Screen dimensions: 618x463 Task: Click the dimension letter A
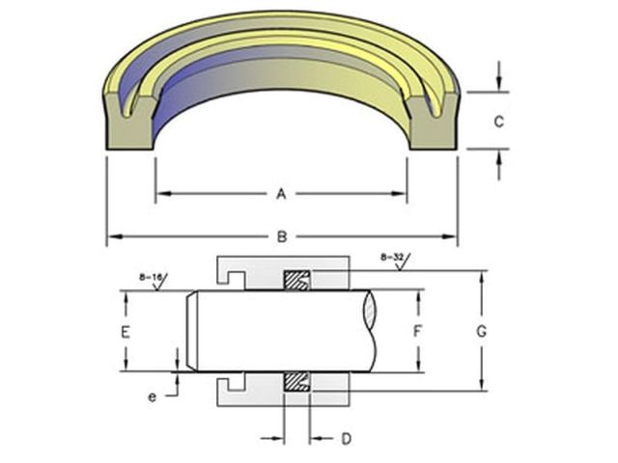click(x=281, y=194)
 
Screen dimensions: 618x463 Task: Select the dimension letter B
click(x=282, y=236)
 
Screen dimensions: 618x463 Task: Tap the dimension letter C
click(x=499, y=122)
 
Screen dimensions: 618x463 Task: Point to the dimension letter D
click(x=346, y=439)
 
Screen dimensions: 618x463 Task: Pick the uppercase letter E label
click(x=125, y=332)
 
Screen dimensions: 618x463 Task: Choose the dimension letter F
click(x=418, y=332)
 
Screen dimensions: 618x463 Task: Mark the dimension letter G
click(x=481, y=332)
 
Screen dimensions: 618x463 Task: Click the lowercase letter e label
click(x=153, y=396)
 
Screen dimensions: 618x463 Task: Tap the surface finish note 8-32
click(x=392, y=258)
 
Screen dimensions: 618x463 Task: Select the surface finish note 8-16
click(x=151, y=277)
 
